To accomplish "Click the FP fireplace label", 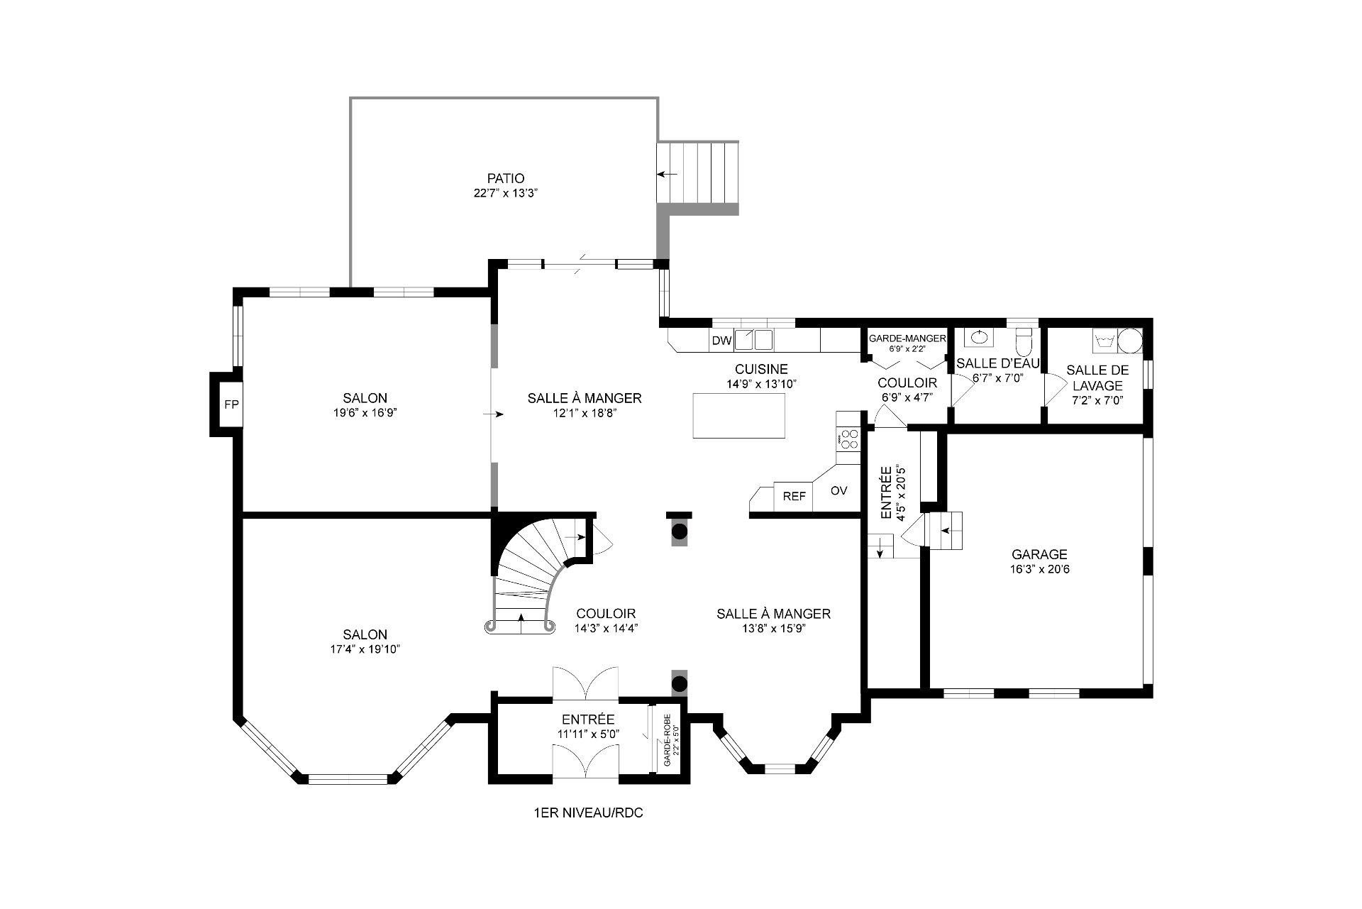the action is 231,405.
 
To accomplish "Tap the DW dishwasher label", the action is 721,341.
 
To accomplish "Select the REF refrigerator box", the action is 794,497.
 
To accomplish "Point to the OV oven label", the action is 838,490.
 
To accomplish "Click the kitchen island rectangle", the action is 739,415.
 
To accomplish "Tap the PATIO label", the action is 506,179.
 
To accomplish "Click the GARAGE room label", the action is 1039,555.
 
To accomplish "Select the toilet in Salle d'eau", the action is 1024,342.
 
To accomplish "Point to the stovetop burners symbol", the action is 848,437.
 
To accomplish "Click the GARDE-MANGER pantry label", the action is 907,338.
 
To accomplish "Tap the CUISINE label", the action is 761,369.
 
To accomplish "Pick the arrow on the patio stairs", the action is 668,174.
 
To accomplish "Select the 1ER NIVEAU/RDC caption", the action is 588,813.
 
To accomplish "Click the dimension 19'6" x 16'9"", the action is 365,412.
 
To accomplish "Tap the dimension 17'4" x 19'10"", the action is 365,649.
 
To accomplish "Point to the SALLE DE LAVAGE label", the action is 1097,378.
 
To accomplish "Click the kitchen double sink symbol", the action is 753,341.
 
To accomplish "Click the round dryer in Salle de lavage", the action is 1130,341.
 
